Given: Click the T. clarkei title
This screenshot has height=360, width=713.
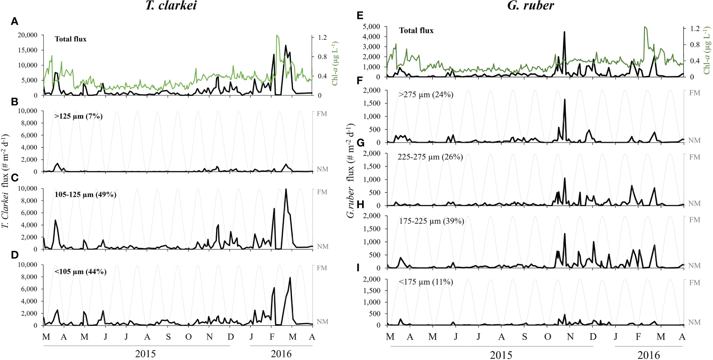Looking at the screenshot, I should pos(171,6).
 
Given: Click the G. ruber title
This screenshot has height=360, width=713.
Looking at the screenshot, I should pos(531,6).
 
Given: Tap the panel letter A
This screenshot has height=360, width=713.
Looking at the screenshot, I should pos(14,22).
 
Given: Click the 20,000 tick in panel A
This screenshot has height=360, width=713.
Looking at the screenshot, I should pos(27,35).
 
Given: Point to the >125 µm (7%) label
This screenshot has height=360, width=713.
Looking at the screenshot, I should pos(78,116).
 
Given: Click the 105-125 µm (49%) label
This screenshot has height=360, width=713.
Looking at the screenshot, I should pos(85,195).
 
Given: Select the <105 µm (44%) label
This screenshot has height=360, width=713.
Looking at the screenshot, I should pos(80,272).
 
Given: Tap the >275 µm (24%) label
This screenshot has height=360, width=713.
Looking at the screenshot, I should pos(426,95).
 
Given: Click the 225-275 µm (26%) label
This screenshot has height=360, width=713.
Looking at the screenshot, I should pos(430,157).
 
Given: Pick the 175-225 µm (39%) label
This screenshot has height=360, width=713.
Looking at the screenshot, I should pos(432,221).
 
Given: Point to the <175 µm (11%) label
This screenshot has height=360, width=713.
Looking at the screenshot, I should pos(426,282).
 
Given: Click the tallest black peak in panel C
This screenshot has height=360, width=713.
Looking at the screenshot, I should pos(286,189).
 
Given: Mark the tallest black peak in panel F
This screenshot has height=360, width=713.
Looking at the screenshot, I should pos(564,100).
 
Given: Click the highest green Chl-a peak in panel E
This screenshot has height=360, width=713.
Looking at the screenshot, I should pos(645,27).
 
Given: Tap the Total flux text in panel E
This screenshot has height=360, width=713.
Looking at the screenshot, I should pos(416,30).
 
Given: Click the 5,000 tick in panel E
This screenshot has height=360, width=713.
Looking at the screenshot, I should pos(371,27).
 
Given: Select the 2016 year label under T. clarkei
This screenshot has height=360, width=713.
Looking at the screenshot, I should pos(281,354).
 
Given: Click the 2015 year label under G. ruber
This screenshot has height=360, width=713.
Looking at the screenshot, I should pos(501,355).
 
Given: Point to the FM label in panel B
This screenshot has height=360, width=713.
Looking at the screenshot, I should pos(322,114).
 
